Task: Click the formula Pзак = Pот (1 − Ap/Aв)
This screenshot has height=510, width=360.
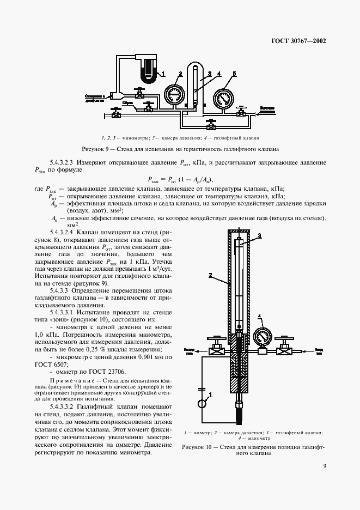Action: (x=180, y=179)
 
